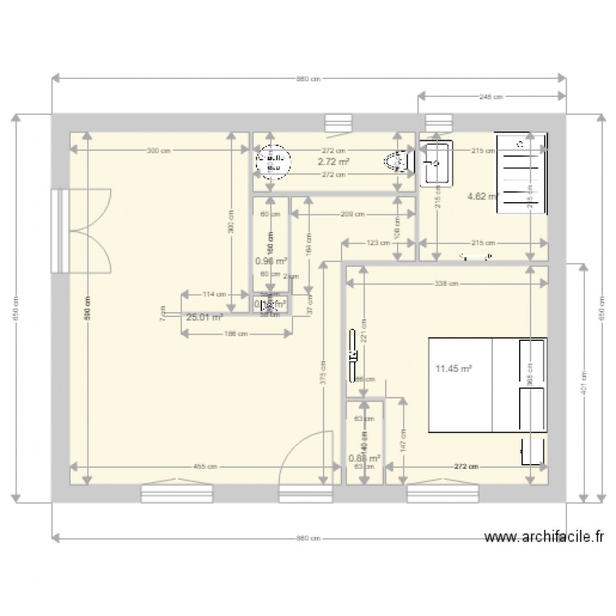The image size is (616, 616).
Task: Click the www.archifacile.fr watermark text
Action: click(545, 539)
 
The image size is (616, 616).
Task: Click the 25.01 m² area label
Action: click(205, 318)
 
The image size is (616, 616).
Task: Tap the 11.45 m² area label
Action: click(453, 370)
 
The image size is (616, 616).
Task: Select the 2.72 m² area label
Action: click(333, 163)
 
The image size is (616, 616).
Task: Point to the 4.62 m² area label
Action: click(482, 196)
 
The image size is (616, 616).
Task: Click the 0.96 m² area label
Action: click(270, 262)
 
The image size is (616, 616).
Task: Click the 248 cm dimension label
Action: click(491, 97)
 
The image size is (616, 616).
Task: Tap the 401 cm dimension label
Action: click(582, 381)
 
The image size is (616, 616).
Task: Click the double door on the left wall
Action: click(82, 230)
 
